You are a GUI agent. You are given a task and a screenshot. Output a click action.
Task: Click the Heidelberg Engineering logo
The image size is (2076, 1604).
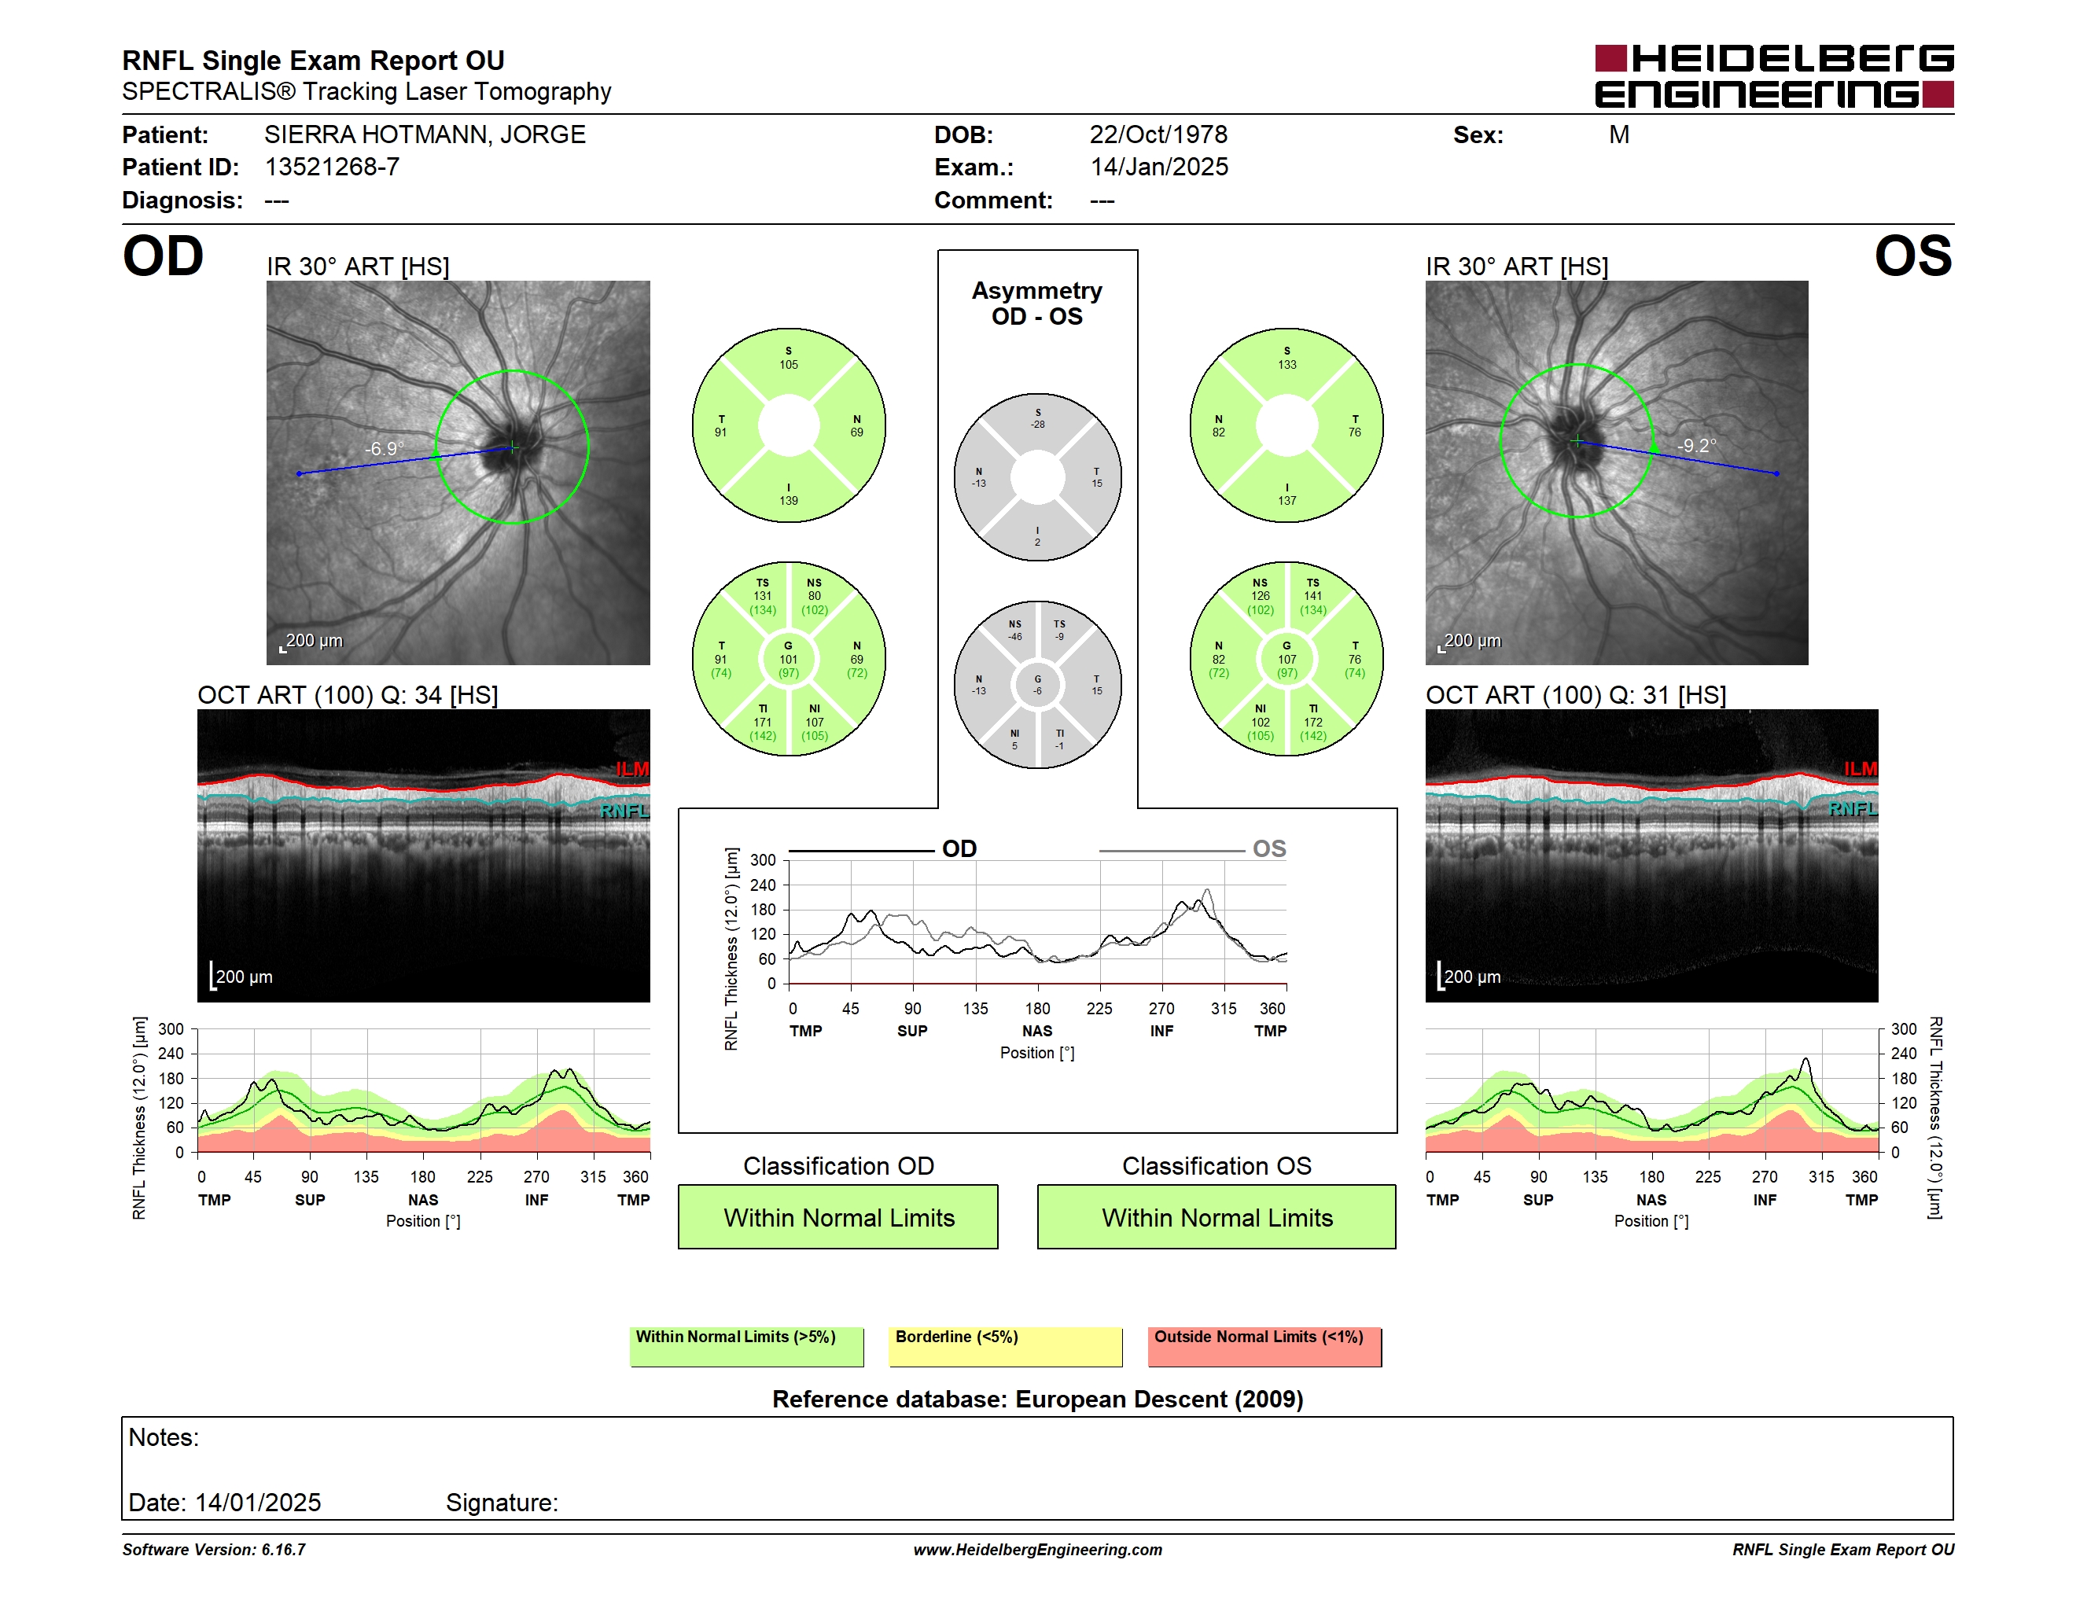(1774, 76)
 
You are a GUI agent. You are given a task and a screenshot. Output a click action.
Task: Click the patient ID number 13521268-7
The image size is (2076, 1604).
(332, 167)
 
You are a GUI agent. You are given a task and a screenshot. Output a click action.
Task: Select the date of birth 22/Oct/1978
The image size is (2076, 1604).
(1158, 135)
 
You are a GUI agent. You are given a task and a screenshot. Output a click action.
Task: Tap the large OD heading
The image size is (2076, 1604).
(163, 256)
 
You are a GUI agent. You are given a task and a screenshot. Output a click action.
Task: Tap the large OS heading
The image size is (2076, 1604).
(1912, 256)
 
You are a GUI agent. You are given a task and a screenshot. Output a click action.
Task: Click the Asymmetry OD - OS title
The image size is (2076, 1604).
(1037, 304)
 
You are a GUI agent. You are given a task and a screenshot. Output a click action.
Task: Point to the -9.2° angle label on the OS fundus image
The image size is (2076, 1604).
(1697, 446)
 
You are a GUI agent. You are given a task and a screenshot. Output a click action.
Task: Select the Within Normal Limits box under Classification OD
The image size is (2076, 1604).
(838, 1216)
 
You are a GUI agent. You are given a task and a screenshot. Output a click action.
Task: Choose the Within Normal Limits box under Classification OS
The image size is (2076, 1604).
(1217, 1216)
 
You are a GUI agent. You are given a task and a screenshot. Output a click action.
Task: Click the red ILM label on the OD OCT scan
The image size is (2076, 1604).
(632, 769)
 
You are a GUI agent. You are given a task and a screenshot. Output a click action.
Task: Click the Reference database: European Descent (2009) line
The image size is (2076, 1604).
(1037, 1399)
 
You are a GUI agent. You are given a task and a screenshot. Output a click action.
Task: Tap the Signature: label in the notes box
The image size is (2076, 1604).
(502, 1503)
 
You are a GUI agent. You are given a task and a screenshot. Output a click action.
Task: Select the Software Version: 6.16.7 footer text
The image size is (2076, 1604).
(214, 1550)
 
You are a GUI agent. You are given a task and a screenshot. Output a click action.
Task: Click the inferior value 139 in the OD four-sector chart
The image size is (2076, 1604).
(789, 501)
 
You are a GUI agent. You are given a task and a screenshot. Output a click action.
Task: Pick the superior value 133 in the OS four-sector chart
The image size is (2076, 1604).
(1287, 365)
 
